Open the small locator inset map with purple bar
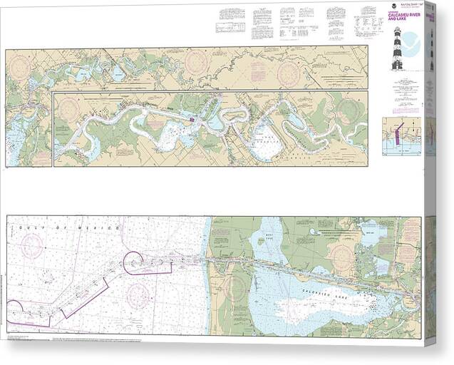(401, 135)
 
